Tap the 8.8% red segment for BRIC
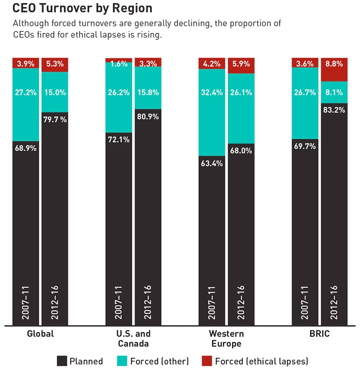click(334, 69)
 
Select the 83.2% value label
click(334, 110)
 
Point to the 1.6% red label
click(119, 64)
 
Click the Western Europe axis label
click(226, 338)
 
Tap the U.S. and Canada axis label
click(133, 338)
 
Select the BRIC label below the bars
click(319, 334)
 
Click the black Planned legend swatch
click(62, 361)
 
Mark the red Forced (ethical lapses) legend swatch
click(207, 361)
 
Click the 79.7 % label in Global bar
click(54, 119)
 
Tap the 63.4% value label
click(212, 164)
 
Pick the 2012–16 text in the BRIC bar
click(334, 301)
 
